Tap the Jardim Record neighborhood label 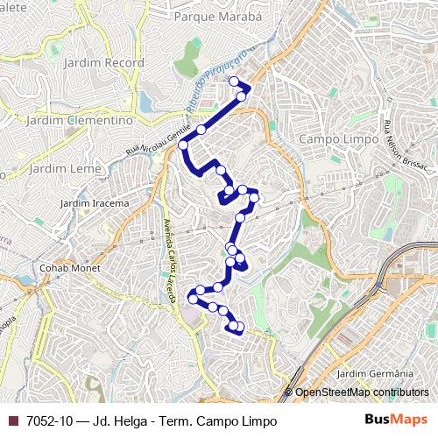pos(98,63)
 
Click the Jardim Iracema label pos(94,203)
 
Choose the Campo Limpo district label pos(336,138)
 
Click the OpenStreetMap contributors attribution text pos(361,393)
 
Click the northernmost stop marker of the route pos(234,81)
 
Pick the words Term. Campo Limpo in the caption pos(228,421)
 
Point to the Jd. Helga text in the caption pos(118,421)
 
